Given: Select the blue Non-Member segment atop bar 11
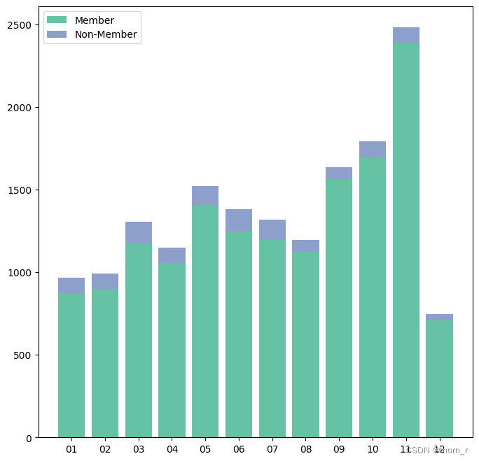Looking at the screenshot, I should coord(406,36).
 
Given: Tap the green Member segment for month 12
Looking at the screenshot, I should coord(439,378).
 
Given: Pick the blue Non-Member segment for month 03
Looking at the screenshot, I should coord(139,232).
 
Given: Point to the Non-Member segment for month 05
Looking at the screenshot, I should coord(205,196).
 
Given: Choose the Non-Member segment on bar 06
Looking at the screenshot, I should coord(239,220).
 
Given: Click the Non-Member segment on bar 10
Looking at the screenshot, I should coord(373,150).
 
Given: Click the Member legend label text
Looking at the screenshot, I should coord(95,20).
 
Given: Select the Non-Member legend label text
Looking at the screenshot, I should coord(106,34).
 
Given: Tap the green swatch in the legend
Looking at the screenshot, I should coord(57,20).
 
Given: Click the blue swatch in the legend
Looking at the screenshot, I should coord(57,34).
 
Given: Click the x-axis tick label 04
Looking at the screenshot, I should coord(172,449).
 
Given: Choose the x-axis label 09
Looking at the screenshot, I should coord(339,449).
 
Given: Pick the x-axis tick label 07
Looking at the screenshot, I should coord(272,449).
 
